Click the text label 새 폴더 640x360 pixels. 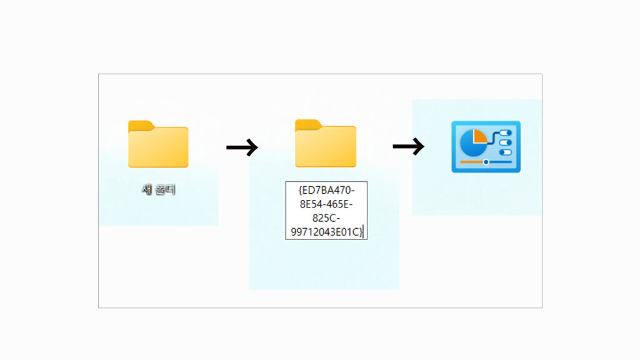[158, 190]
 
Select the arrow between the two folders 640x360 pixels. [241, 147]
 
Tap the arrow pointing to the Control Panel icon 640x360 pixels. [408, 147]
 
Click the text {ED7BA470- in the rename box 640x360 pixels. [326, 188]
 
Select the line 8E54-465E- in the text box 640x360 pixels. [326, 203]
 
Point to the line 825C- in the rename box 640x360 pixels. [326, 217]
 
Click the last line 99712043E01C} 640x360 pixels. [326, 232]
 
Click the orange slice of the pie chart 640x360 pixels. [480, 135]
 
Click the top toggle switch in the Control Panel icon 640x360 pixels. [505, 133]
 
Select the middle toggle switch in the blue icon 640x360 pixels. [505, 142]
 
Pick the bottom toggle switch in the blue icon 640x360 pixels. [505, 152]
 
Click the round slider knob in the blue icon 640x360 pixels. [486, 162]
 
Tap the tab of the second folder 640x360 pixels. [307, 124]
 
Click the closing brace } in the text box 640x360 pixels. [361, 232]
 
